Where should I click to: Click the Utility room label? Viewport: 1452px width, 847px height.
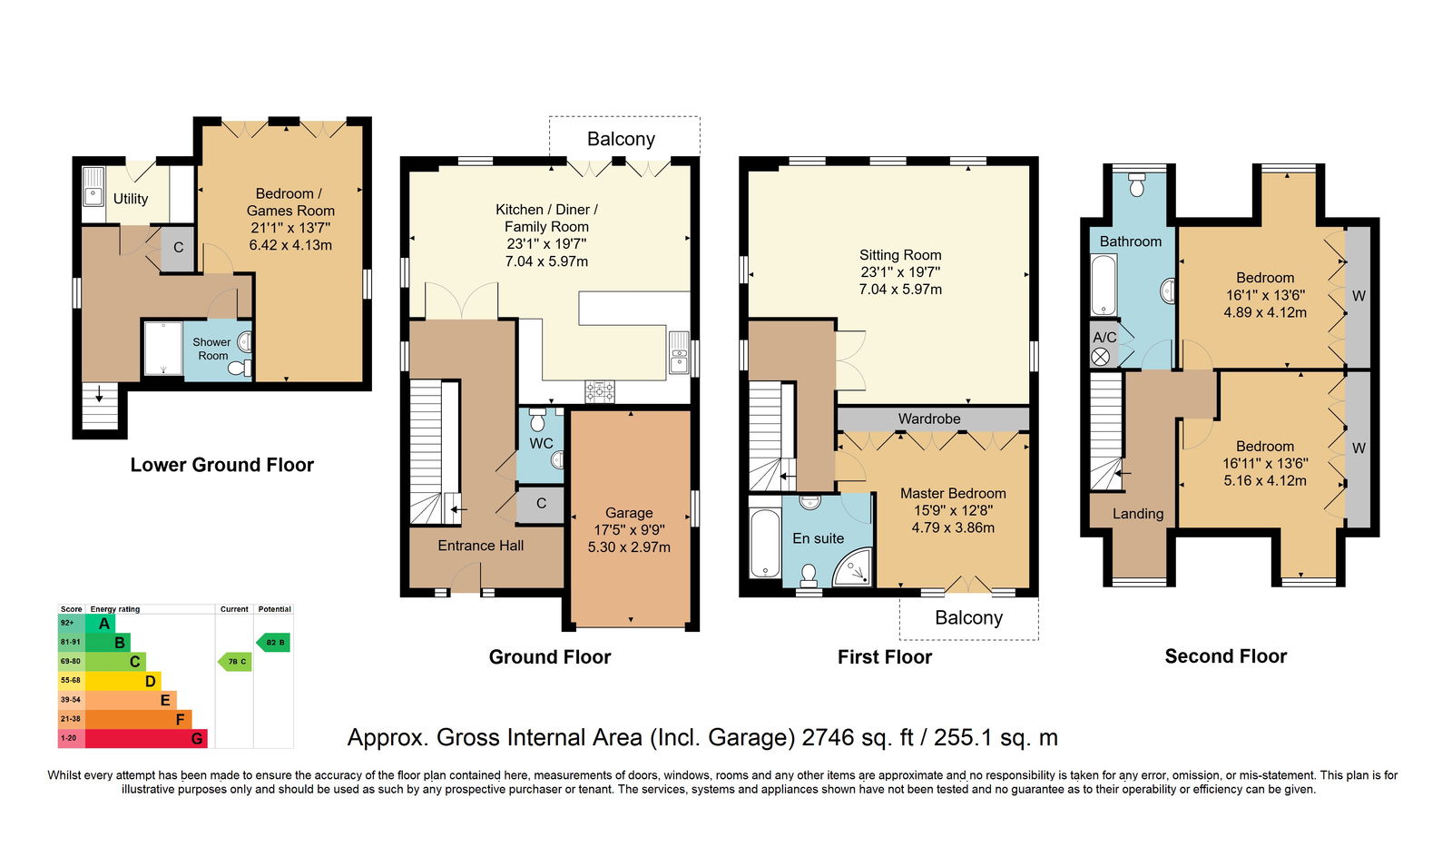point(131,199)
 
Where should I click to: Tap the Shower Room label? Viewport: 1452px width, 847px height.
point(212,349)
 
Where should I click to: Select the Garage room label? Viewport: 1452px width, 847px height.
point(629,512)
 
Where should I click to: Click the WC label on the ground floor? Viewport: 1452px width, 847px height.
point(541,444)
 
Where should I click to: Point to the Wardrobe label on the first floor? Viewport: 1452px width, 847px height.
point(929,419)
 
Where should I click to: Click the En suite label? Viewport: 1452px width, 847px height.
point(818,538)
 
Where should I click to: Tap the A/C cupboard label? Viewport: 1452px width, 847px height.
point(1104,337)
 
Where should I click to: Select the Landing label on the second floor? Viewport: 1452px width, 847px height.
point(1138,514)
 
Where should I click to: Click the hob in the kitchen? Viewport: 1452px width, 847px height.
point(600,391)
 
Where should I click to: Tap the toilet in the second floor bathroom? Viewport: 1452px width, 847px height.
point(1136,184)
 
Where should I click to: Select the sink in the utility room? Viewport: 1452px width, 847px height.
point(93,187)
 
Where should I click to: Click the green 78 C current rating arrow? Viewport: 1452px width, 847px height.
point(235,662)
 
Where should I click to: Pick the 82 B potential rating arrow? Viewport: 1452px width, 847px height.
point(273,643)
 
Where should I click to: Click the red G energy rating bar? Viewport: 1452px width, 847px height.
point(146,738)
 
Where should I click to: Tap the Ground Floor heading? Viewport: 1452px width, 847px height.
point(550,657)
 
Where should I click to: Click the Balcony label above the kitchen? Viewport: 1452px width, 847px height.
point(621,139)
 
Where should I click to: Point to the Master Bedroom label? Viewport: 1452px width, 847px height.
point(953,494)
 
